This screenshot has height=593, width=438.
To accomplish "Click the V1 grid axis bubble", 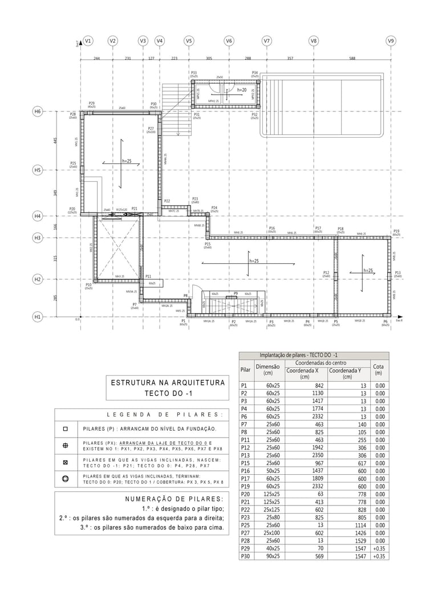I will point(88,41).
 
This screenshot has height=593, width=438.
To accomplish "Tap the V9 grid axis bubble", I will point(391,41).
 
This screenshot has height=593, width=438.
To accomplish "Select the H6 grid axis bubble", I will point(38,112).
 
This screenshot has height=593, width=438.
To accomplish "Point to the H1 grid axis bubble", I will point(38,316).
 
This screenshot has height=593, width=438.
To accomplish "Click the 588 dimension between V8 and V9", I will point(352,58).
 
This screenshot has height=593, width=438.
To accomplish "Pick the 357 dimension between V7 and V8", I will point(290,58).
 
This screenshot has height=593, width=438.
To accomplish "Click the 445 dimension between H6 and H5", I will point(55,141).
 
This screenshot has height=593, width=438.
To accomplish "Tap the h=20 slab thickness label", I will point(242,90).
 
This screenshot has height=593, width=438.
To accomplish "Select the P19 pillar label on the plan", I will point(396,231).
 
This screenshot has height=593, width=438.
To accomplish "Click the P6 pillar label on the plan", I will point(386,322).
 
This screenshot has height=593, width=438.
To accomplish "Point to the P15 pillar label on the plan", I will point(208,244).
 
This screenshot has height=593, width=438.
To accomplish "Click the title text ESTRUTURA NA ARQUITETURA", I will point(168,383).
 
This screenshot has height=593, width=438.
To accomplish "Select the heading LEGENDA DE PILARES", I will point(164,415).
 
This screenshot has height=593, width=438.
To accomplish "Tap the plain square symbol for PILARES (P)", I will point(66,428).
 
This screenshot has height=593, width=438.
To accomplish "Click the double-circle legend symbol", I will point(66,479).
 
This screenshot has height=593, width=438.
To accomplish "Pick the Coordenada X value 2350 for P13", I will point(316,440).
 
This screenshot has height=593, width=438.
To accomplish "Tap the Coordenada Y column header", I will point(347,374).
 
